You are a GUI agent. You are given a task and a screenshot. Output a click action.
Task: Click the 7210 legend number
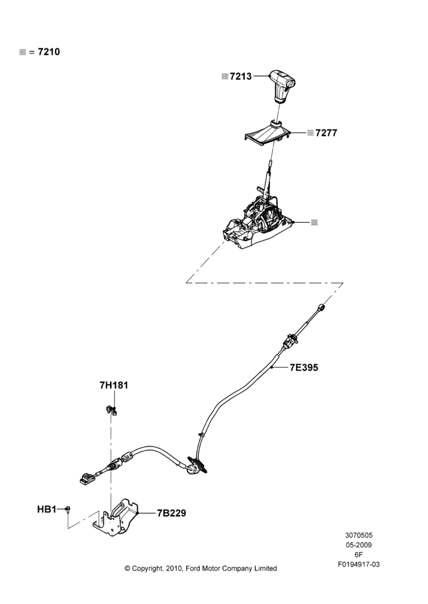click(49, 51)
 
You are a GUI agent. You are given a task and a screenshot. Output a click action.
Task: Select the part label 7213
click(241, 76)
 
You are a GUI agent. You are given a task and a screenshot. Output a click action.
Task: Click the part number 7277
click(326, 133)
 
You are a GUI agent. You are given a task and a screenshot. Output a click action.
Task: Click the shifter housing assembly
click(257, 217)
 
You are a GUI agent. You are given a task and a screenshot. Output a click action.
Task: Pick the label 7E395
click(304, 367)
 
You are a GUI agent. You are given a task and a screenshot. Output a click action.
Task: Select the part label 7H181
click(114, 385)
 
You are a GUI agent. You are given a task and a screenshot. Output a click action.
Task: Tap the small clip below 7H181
click(111, 411)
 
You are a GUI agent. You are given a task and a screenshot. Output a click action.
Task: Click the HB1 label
click(47, 509)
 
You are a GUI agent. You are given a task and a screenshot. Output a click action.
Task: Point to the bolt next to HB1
click(68, 510)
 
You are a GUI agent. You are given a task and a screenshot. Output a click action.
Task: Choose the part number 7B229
click(171, 513)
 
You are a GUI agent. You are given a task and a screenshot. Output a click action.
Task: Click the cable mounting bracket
click(115, 518)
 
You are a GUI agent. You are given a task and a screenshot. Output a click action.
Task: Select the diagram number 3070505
click(358, 535)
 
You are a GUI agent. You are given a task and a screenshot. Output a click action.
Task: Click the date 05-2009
click(358, 545)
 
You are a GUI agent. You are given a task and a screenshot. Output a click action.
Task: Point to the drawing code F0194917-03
click(358, 564)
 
